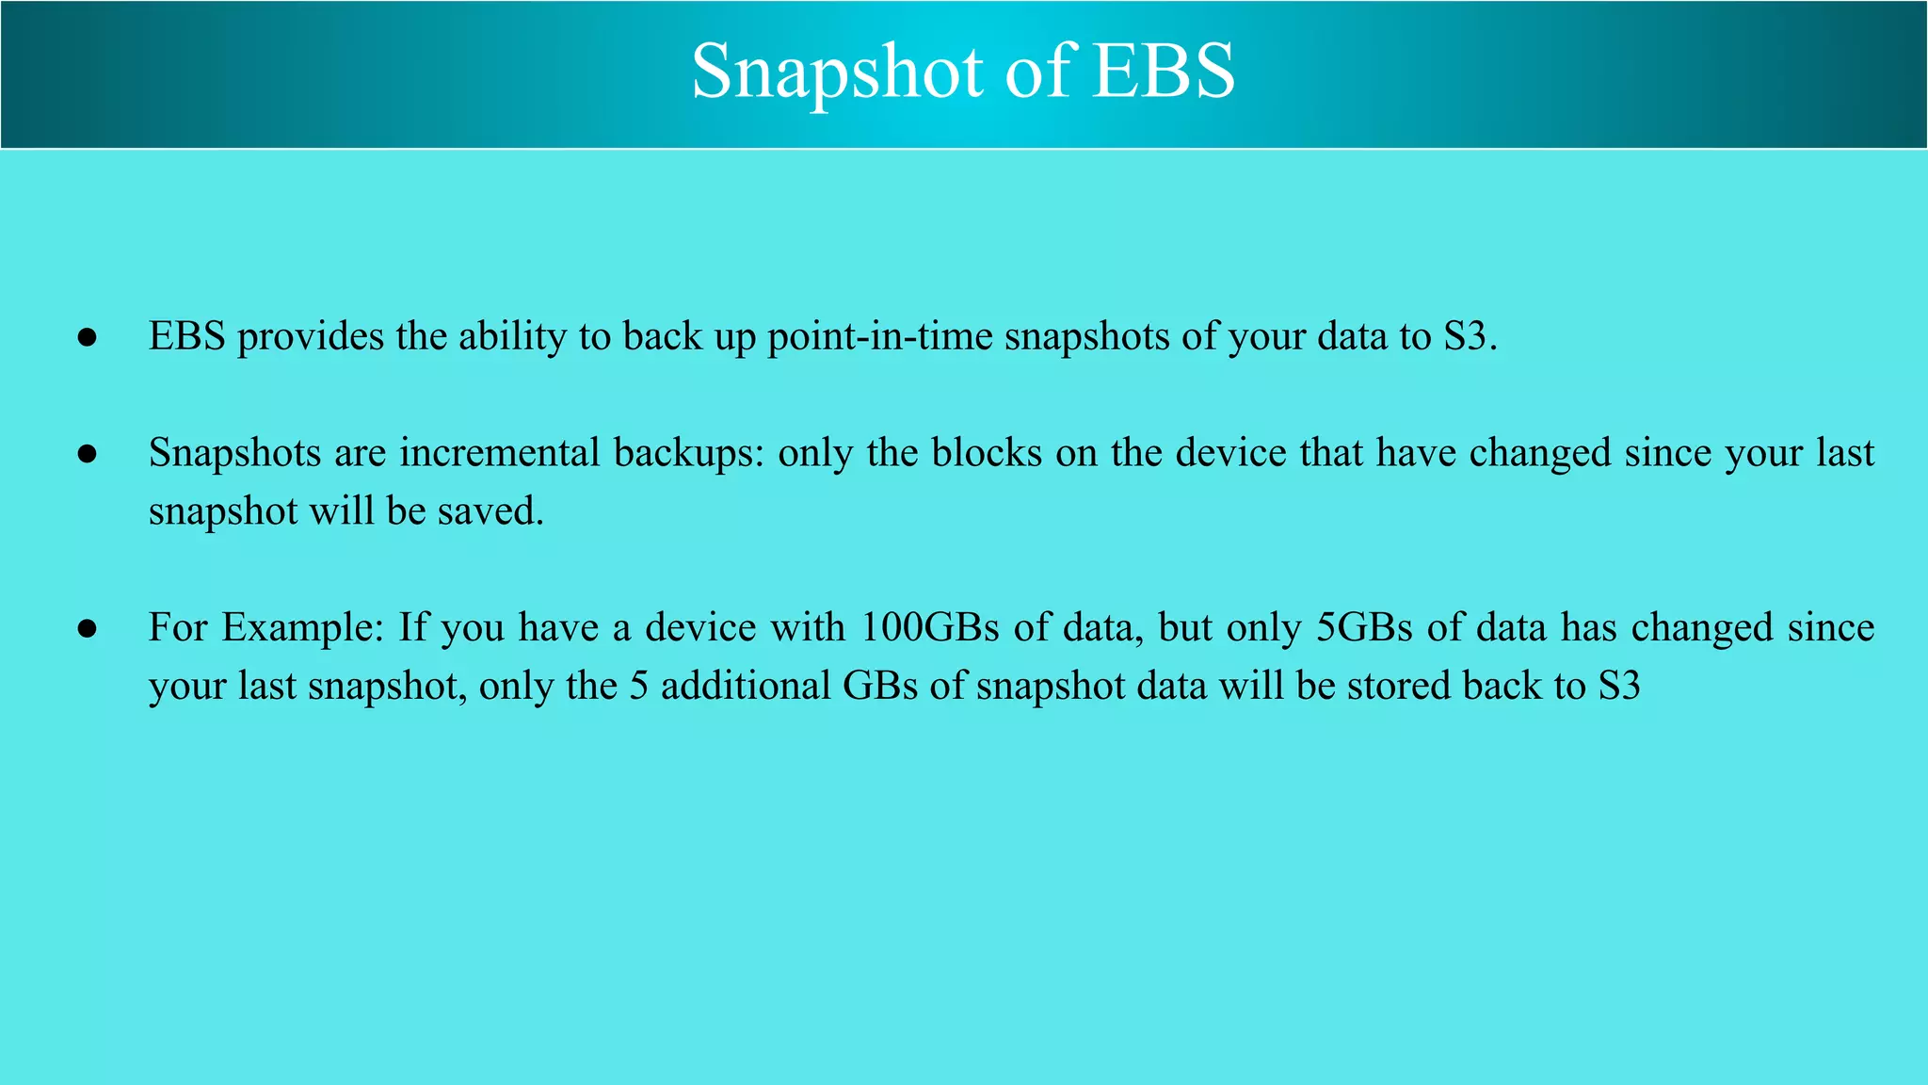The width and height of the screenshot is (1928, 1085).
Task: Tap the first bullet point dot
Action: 88,337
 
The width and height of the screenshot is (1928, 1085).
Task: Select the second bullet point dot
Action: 88,454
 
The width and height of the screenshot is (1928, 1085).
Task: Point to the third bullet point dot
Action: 88,628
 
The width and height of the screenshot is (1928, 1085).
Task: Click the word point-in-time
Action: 879,337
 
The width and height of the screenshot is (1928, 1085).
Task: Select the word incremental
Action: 499,454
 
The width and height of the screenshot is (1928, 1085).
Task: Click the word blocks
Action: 987,454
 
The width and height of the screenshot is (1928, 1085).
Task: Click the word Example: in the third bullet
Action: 303,628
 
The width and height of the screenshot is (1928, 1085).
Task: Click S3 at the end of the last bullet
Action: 1619,687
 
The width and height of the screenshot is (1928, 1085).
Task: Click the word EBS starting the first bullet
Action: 186,337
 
